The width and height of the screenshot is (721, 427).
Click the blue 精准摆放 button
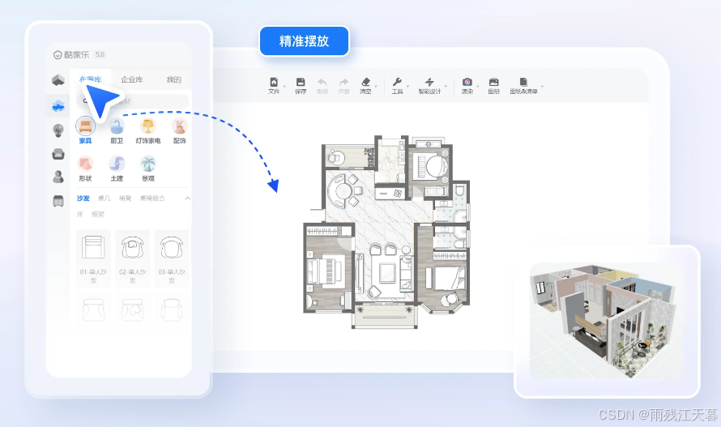point(304,41)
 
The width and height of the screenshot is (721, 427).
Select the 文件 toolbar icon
point(274,83)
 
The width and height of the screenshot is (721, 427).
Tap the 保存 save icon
point(301,83)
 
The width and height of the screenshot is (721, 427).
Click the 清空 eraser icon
point(365,83)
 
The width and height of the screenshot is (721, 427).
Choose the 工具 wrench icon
point(397,83)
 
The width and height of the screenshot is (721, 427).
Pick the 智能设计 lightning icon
point(429,83)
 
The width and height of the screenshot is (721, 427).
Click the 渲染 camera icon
point(467,83)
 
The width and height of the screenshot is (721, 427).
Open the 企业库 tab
point(132,79)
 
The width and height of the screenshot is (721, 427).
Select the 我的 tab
point(173,79)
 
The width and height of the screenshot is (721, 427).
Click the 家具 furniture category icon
point(85,126)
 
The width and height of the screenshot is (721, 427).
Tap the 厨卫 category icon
point(117,126)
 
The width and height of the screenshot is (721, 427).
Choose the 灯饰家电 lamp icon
point(147,126)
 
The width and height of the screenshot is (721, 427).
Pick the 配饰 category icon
point(179,126)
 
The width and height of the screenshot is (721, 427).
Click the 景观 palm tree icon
point(147,164)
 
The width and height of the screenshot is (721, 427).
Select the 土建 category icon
point(117,164)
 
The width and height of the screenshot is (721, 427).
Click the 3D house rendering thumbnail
point(607,321)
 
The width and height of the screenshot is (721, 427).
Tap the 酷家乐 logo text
point(77,54)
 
